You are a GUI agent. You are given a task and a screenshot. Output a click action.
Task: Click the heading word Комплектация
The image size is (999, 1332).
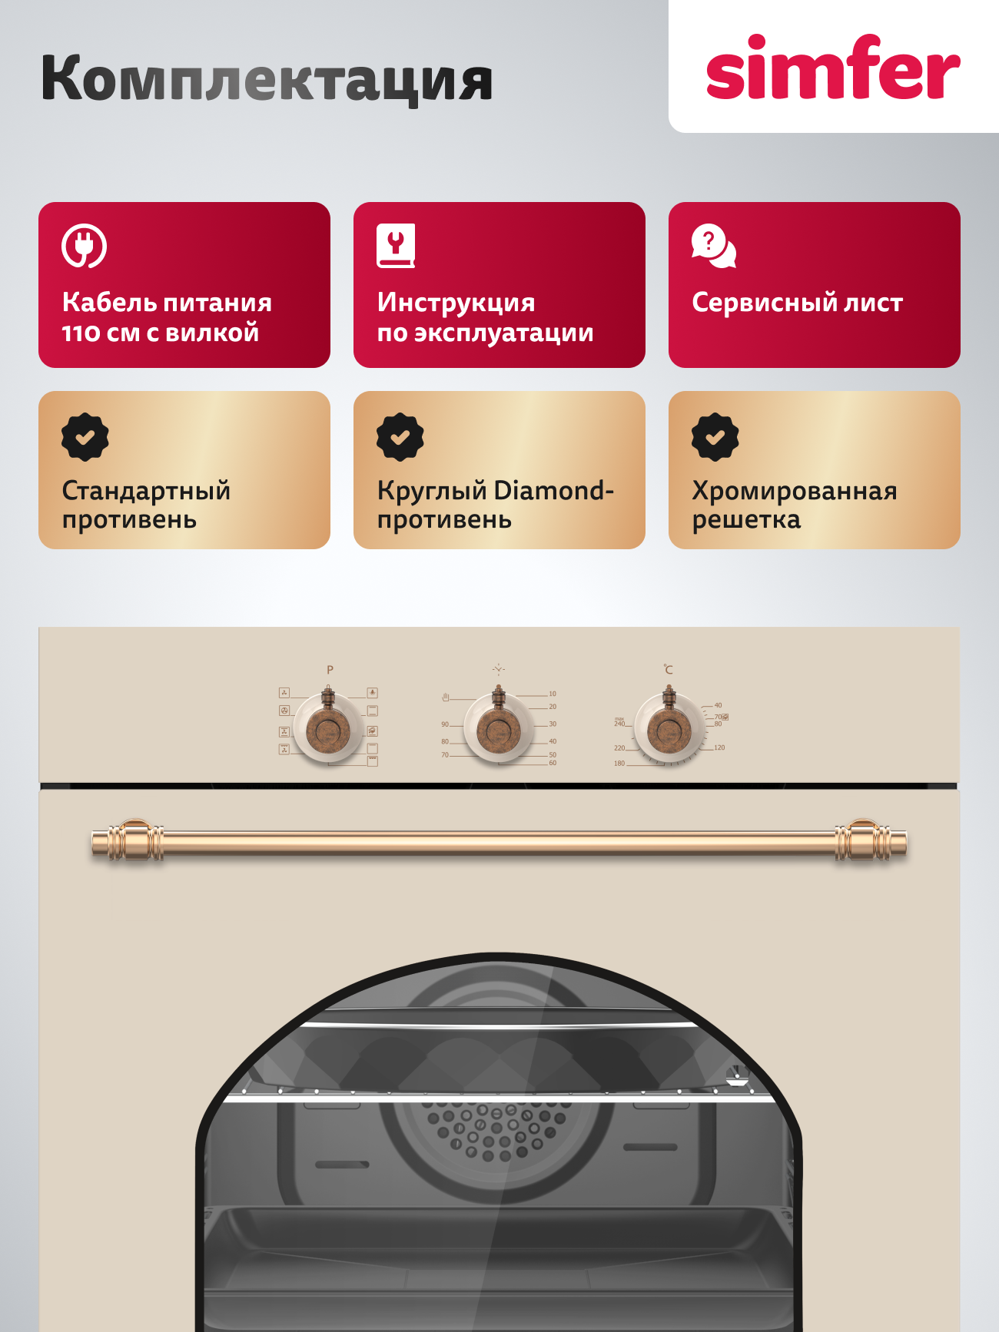click(x=267, y=79)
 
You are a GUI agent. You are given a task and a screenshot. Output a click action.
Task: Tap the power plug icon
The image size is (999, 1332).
click(x=84, y=246)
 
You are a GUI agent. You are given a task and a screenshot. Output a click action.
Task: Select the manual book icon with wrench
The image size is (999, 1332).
click(x=396, y=246)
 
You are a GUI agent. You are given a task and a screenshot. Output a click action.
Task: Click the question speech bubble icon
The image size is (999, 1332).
click(x=713, y=247)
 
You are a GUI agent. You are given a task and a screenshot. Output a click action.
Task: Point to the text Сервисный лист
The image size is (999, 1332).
click(x=797, y=303)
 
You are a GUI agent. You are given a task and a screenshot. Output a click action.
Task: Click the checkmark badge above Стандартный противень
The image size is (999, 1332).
click(x=85, y=437)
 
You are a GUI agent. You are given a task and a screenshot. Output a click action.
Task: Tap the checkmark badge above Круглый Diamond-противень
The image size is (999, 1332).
click(x=400, y=437)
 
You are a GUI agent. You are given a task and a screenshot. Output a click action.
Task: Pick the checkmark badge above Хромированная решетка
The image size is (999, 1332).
click(x=715, y=437)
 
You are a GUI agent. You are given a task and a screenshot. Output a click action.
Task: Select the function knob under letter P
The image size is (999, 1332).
click(x=329, y=728)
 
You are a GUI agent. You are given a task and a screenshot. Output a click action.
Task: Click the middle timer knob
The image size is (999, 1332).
click(x=499, y=728)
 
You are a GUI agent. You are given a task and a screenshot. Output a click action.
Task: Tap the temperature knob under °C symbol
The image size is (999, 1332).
click(x=669, y=728)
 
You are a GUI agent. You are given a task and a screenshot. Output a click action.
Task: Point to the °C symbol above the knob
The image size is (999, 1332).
click(x=668, y=669)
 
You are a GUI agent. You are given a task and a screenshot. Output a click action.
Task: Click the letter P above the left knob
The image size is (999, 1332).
click(x=330, y=670)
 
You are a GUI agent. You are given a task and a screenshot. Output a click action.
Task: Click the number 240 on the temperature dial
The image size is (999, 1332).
click(x=619, y=724)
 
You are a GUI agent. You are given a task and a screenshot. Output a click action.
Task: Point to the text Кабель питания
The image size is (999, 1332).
click(x=167, y=303)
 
